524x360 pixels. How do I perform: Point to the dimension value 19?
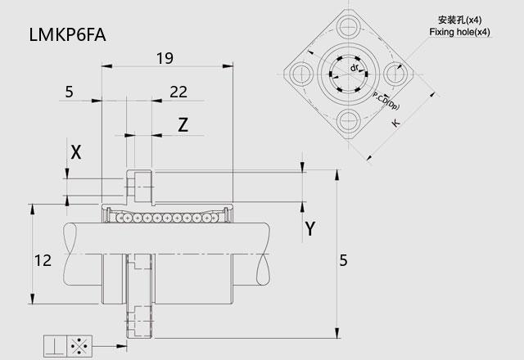[x=165, y=57]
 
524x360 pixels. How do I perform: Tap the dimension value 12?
[x=43, y=261]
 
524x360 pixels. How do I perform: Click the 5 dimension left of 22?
[x=68, y=92]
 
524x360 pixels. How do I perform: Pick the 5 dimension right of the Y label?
[x=344, y=261]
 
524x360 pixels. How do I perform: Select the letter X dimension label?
[x=76, y=151]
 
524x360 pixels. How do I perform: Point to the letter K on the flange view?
[x=396, y=124]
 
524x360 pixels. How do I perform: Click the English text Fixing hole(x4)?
[x=459, y=32]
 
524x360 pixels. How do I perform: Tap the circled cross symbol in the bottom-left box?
[x=80, y=346]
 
